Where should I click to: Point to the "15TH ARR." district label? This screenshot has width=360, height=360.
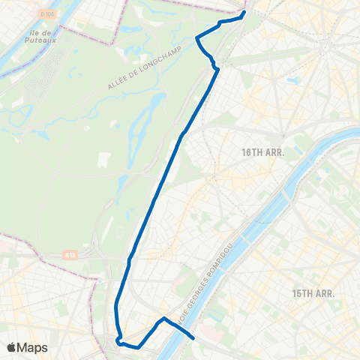coord(313,292)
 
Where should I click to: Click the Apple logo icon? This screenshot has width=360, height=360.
coord(12,347)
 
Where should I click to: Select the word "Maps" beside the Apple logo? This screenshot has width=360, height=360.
coord(32,347)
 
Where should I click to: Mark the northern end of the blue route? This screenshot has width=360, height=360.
coord(244,12)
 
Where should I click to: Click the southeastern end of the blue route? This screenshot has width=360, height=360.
coord(194,337)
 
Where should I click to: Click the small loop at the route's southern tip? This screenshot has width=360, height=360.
coord(119,341)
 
